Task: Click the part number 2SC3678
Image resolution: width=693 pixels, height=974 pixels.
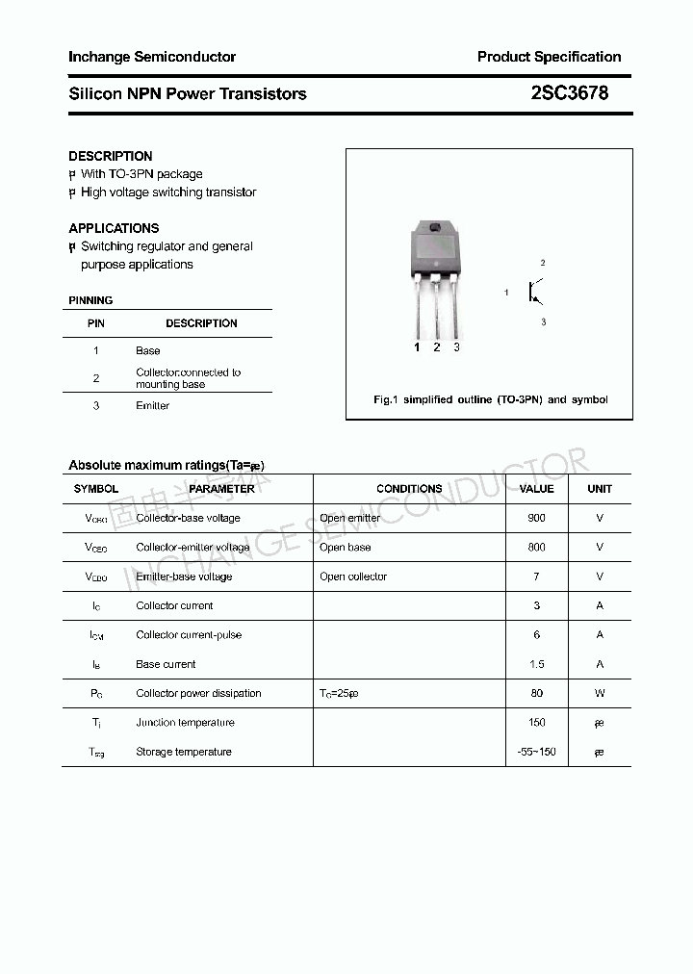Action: [569, 93]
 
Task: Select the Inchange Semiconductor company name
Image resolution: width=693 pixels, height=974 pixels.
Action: [152, 57]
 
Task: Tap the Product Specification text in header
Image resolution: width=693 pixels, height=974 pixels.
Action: [549, 57]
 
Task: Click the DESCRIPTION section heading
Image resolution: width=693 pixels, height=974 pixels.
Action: [110, 156]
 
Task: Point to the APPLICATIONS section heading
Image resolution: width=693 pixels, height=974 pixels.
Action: [114, 228]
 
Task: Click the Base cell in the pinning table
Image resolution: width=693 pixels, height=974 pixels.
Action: [147, 351]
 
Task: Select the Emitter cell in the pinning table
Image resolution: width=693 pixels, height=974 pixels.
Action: [152, 406]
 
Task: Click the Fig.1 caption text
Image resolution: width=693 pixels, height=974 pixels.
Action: [490, 399]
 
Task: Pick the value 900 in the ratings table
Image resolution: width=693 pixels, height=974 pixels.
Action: [536, 518]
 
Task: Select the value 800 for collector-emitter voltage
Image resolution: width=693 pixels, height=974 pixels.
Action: [536, 548]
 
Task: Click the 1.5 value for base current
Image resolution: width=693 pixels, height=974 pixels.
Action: [536, 664]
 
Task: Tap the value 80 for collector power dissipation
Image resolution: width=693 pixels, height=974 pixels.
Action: [536, 694]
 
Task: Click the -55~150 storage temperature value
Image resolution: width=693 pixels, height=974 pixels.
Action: [536, 752]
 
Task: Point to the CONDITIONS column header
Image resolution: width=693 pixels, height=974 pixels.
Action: [409, 489]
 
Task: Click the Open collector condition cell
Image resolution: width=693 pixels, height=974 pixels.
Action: [353, 577]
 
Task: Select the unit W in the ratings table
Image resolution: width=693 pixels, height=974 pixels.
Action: [600, 694]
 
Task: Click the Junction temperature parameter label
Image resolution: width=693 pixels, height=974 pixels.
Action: [185, 723]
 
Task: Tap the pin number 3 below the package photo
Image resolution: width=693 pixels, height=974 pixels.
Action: [456, 347]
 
